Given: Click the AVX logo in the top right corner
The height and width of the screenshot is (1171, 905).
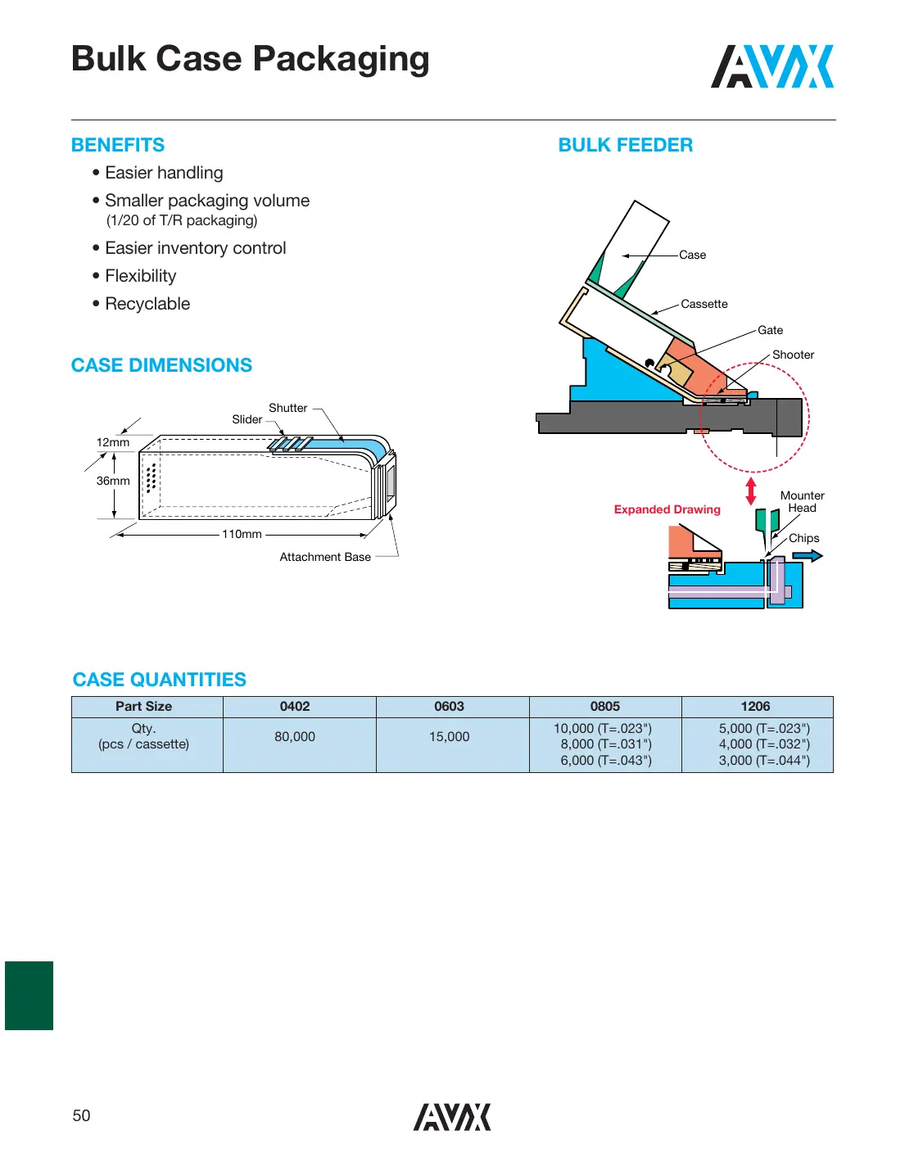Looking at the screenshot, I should point(772,66).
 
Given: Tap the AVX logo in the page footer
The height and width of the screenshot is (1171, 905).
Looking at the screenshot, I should point(451,1117).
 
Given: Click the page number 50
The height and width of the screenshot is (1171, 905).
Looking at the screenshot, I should point(81,1115).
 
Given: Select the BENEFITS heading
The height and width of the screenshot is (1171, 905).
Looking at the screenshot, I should point(118,145).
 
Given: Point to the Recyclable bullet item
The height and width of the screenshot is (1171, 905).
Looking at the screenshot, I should point(147,304).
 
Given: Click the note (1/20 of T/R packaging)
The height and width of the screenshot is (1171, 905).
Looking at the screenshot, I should point(182,220).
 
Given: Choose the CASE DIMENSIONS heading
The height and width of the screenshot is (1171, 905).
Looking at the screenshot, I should point(161,365).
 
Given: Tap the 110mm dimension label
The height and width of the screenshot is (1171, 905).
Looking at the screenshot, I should point(242,534).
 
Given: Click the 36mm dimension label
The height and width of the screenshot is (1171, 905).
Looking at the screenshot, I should point(113,481).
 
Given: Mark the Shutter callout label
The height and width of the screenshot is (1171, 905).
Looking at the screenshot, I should point(287,408).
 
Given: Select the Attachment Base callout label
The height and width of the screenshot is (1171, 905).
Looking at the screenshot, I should point(325,557).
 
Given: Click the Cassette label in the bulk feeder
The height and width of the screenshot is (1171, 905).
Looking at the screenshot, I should point(704,304).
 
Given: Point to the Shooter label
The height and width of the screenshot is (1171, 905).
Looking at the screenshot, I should point(793,355).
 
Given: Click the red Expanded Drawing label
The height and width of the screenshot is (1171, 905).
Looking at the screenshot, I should point(667,509).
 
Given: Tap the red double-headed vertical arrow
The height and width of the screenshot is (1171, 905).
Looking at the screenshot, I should point(750,491).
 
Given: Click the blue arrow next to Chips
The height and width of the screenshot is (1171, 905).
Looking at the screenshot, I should point(807,556).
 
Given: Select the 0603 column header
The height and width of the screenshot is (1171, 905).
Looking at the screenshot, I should point(449,706).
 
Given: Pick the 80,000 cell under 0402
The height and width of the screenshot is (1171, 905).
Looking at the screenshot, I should point(295,736).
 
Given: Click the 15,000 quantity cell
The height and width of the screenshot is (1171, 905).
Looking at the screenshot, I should point(449,736).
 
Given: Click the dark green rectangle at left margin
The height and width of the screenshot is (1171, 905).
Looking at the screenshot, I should point(29,995).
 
